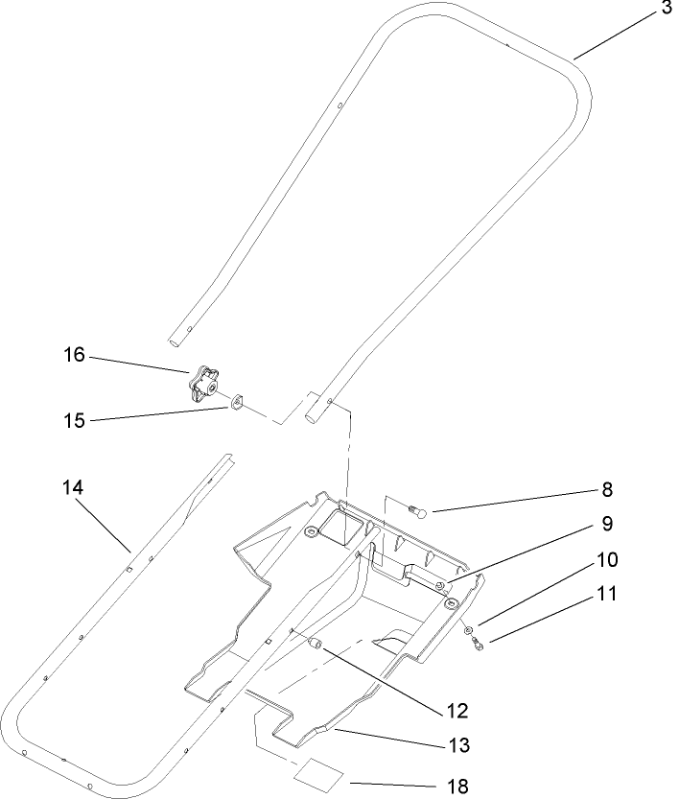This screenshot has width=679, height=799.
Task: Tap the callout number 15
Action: (74, 420)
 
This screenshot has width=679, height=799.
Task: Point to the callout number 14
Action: (74, 488)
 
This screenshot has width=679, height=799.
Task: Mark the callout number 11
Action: (606, 594)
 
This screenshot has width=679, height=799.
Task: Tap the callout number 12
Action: (456, 711)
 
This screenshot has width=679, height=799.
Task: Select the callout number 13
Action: (456, 745)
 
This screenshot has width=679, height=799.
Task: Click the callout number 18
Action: (457, 787)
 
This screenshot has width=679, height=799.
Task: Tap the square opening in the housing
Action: (340, 526)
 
